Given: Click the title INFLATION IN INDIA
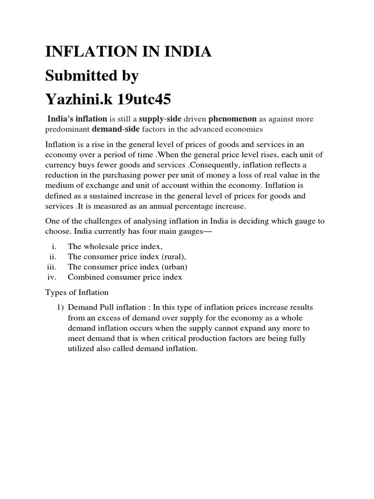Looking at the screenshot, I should (128, 51).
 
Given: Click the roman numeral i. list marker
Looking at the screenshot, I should (55, 247).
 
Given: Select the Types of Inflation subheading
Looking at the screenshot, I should (76, 292).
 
